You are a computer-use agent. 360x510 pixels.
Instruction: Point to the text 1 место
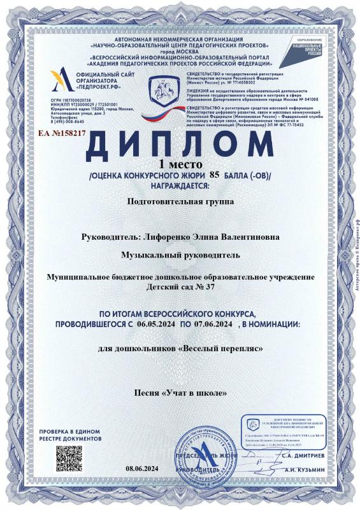[180, 164]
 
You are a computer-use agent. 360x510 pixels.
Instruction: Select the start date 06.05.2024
[155, 324]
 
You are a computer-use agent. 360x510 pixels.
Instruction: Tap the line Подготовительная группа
[179, 201]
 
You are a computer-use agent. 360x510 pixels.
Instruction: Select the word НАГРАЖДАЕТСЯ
[180, 186]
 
